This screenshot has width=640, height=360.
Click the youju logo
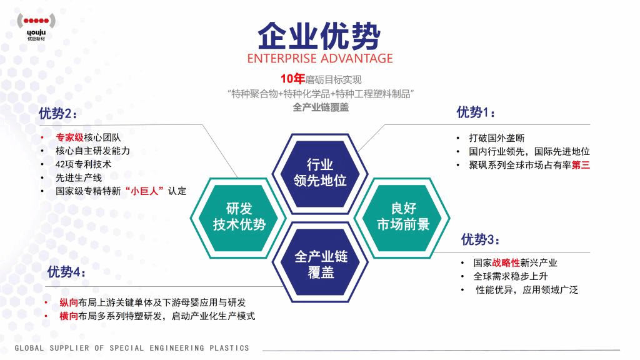[36, 26]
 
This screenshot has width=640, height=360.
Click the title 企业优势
[319, 36]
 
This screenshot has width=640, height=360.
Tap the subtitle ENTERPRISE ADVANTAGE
[320, 58]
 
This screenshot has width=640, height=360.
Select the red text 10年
[292, 79]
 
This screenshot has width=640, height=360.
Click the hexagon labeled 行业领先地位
[320, 173]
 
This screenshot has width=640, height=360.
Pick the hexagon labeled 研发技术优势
[239, 217]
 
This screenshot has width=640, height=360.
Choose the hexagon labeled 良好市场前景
[403, 217]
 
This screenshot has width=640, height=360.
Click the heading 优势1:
[476, 112]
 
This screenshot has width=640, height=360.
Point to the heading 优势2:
[58, 113]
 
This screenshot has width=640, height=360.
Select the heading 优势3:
[480, 239]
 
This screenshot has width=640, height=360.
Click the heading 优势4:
[66, 271]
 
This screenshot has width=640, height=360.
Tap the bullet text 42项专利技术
[83, 164]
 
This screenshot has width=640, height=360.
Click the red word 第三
[581, 165]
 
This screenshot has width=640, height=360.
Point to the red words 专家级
[69, 137]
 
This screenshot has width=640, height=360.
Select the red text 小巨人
[144, 191]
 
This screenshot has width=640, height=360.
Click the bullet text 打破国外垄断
[497, 138]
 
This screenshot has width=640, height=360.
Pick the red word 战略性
[506, 263]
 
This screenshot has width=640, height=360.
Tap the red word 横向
[69, 316]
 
